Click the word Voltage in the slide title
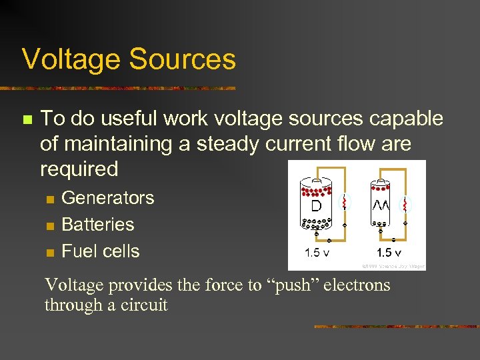[71, 59]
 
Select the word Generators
[107, 198]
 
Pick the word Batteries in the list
[97, 225]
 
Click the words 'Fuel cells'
[100, 251]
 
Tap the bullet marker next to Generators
[48, 199]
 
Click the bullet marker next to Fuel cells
[48, 253]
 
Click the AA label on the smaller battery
[381, 204]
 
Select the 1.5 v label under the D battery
[316, 253]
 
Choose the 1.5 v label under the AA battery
[389, 253]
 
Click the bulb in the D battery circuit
[345, 202]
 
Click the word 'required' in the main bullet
[79, 169]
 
